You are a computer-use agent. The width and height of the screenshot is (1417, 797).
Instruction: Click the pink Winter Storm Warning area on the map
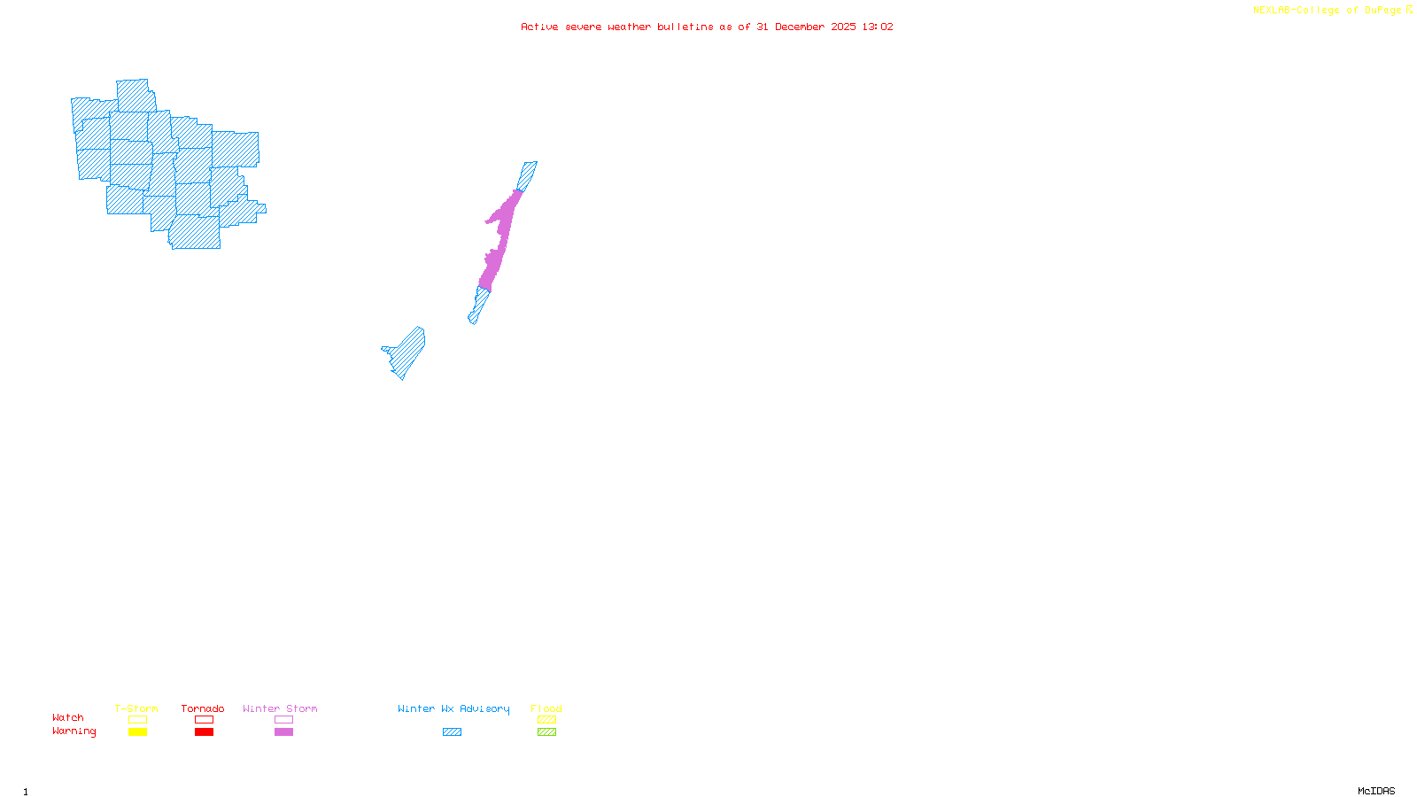(498, 239)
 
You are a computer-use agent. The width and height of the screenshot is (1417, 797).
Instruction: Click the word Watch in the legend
(68, 718)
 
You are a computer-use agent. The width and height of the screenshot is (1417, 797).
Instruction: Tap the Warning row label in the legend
(74, 731)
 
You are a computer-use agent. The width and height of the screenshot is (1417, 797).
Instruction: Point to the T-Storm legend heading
(136, 708)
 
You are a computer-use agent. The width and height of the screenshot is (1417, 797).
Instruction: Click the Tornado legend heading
(203, 708)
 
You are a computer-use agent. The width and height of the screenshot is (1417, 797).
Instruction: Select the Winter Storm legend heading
(280, 708)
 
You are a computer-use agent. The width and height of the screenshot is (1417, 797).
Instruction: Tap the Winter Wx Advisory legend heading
(453, 708)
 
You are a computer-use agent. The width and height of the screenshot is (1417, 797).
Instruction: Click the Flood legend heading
(546, 708)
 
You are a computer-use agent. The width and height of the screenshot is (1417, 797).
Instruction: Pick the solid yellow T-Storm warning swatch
(137, 732)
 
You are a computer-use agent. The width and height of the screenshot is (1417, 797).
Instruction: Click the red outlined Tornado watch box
(204, 720)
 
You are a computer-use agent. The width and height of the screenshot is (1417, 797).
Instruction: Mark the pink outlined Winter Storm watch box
(283, 720)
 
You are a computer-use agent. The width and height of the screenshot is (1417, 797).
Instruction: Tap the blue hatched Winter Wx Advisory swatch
(452, 732)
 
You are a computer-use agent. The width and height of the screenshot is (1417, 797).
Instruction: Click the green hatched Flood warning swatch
(546, 732)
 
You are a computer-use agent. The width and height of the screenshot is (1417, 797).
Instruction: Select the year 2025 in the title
(843, 27)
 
